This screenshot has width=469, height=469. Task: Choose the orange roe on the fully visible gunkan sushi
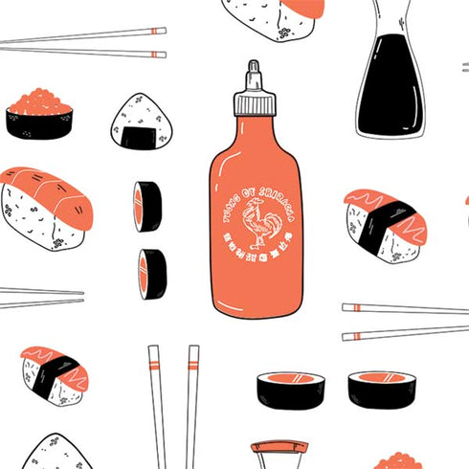[x=39, y=100]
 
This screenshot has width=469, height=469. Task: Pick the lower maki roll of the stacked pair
[x=151, y=274]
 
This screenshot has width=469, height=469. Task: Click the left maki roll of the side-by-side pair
[x=291, y=389]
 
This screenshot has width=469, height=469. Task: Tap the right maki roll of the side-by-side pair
[x=381, y=389]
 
